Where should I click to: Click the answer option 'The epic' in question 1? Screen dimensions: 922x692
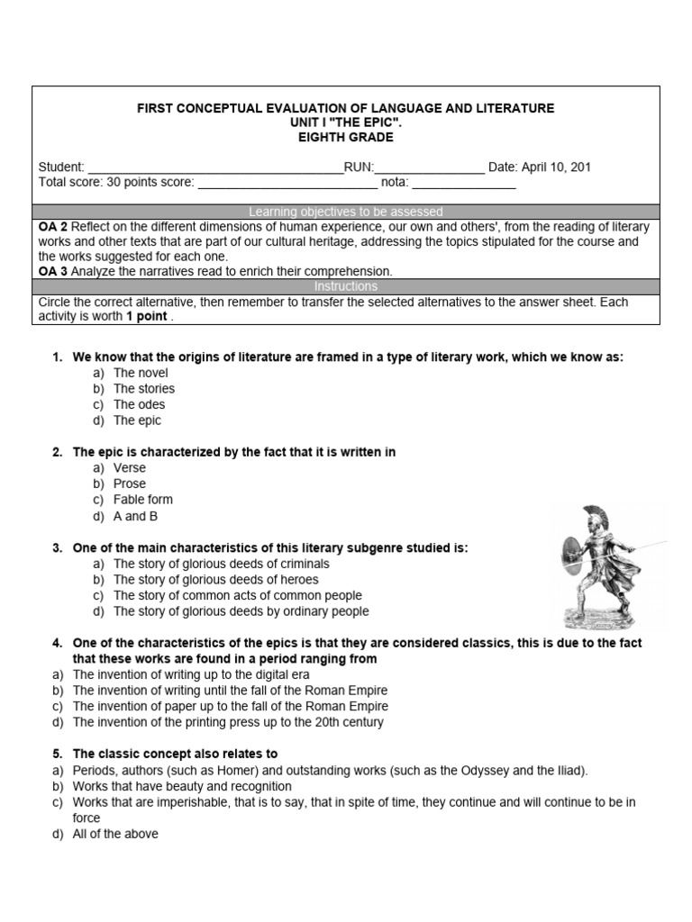pos(137,420)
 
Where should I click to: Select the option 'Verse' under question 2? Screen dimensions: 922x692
pos(129,468)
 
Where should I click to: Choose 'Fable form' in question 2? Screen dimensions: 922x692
pos(142,500)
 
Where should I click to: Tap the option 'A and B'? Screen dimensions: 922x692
pos(135,516)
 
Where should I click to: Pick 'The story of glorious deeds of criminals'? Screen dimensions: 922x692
pos(221,564)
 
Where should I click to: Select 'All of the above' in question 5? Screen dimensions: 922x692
pos(114,834)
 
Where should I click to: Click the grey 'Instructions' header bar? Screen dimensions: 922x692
pos(346,286)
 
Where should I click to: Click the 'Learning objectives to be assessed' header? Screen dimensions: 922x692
pos(346,212)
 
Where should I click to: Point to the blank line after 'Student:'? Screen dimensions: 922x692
pos(214,168)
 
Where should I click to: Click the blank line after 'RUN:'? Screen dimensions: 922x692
pos(429,168)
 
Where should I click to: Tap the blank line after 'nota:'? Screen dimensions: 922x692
pos(464,183)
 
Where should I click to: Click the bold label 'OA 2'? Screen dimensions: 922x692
pos(53,227)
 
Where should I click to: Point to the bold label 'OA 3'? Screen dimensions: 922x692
pos(53,271)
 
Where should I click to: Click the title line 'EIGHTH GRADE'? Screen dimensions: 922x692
pos(346,138)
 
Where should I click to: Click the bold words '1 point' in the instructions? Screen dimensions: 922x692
pos(146,318)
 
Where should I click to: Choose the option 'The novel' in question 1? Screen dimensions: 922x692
pos(141,373)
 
